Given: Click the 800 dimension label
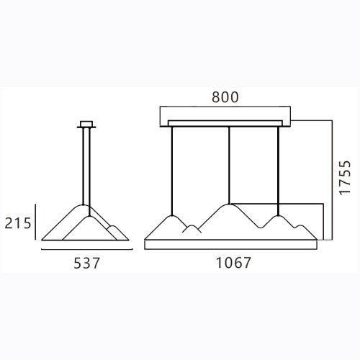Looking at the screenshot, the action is coord(225,97).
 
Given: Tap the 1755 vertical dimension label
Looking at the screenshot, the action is coord(345,178).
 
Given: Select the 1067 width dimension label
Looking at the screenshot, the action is coord(233,263).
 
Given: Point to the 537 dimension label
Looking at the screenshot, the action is coord(86,263).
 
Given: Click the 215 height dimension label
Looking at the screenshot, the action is coord(18,223).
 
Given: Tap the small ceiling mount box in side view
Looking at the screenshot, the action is coord(86,124).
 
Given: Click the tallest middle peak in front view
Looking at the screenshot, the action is coord(229,204).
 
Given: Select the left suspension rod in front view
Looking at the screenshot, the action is coord(172,171).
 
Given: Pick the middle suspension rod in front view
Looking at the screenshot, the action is coord(229,165).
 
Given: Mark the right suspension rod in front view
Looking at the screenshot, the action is coord(278,171).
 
